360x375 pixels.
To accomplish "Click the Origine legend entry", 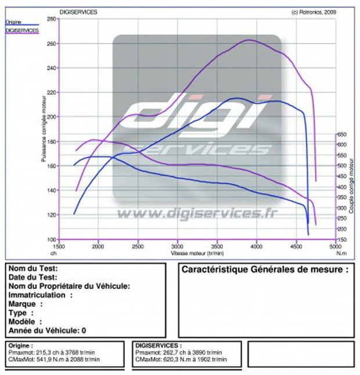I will (x=13, y=22).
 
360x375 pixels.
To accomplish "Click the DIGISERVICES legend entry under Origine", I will (x=21, y=29).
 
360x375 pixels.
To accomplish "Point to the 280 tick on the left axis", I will (x=51, y=19).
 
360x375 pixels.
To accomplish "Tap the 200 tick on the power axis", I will (x=51, y=117).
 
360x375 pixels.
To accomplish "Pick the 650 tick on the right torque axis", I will (x=342, y=134).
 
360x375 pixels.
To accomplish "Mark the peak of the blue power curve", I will (x=237, y=98).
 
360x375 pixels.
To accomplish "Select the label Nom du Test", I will (x=33, y=269).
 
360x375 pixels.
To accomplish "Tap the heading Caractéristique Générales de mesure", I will (x=265, y=270).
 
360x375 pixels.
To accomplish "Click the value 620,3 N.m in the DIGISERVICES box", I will (x=169, y=360).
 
